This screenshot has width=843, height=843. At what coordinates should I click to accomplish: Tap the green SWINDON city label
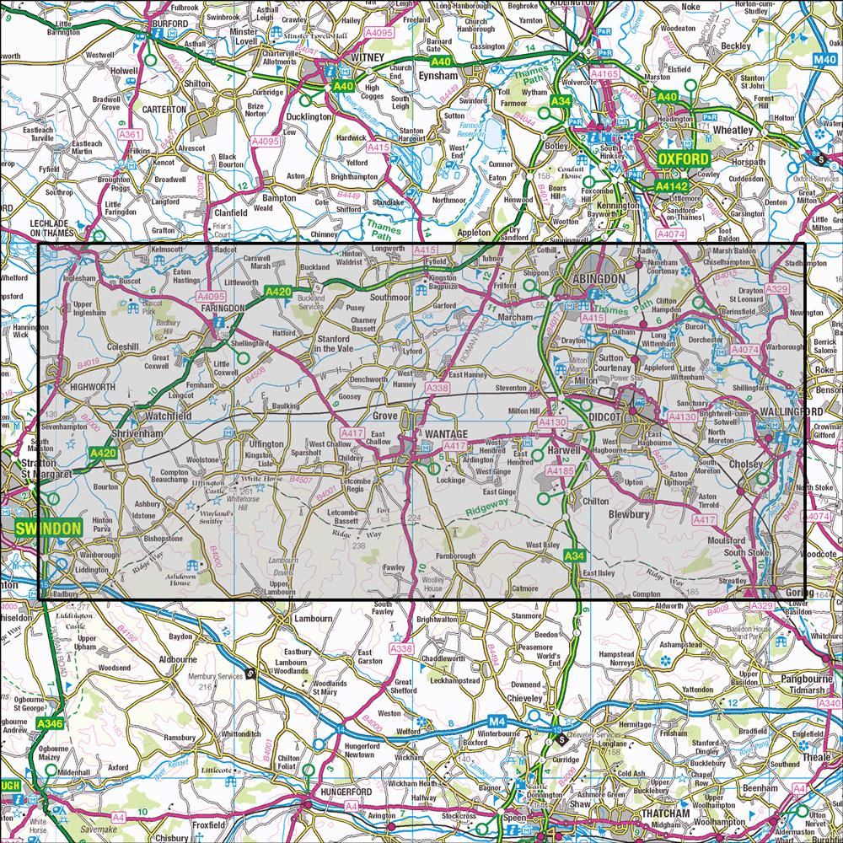(47, 529)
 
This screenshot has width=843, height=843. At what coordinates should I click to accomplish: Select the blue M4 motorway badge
(497, 722)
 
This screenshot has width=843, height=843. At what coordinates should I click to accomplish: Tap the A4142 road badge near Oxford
(674, 185)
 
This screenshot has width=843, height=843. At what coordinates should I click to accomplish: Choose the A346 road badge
(50, 722)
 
